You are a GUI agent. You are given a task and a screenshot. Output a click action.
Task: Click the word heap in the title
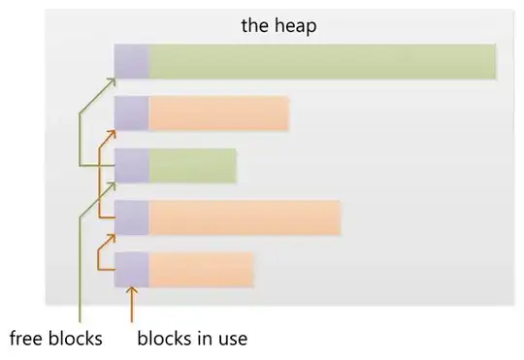click(297, 26)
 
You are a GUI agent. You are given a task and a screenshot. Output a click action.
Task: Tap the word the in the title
click(255, 25)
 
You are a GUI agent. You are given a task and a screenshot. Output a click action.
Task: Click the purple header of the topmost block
click(131, 61)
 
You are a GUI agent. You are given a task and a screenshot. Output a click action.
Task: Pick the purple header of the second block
click(131, 114)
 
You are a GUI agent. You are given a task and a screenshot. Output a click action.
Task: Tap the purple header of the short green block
click(131, 166)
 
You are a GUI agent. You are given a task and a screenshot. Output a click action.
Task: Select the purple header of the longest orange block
click(131, 217)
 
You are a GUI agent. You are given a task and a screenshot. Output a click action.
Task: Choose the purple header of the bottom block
click(131, 269)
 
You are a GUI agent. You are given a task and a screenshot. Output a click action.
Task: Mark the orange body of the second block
click(218, 114)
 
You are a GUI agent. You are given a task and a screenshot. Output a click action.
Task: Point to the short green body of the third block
click(192, 166)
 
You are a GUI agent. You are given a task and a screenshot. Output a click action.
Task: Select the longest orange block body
click(245, 217)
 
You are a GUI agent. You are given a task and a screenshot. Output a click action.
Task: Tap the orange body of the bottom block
click(201, 269)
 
